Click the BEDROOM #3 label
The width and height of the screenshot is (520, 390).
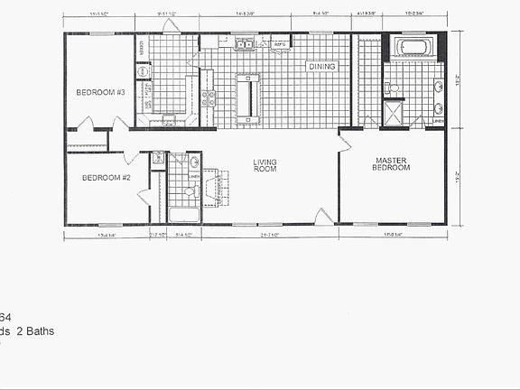100,93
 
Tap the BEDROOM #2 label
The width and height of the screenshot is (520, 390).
107,178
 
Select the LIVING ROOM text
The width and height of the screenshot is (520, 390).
265,166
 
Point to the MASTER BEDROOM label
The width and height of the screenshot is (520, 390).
394,164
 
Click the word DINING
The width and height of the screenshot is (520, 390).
321,67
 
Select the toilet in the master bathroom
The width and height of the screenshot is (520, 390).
392,88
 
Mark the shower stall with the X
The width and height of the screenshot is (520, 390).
395,113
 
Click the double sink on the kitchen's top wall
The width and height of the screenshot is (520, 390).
245,43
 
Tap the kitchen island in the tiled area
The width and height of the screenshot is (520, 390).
248,97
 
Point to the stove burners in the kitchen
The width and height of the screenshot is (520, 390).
209,98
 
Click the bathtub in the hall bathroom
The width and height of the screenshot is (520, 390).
184,215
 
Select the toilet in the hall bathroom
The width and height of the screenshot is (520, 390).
190,190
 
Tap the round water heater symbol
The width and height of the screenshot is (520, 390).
143,70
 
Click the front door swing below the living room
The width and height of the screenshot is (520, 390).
323,216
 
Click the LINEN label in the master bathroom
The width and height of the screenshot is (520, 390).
438,120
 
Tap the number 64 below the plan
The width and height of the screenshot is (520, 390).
5,317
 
